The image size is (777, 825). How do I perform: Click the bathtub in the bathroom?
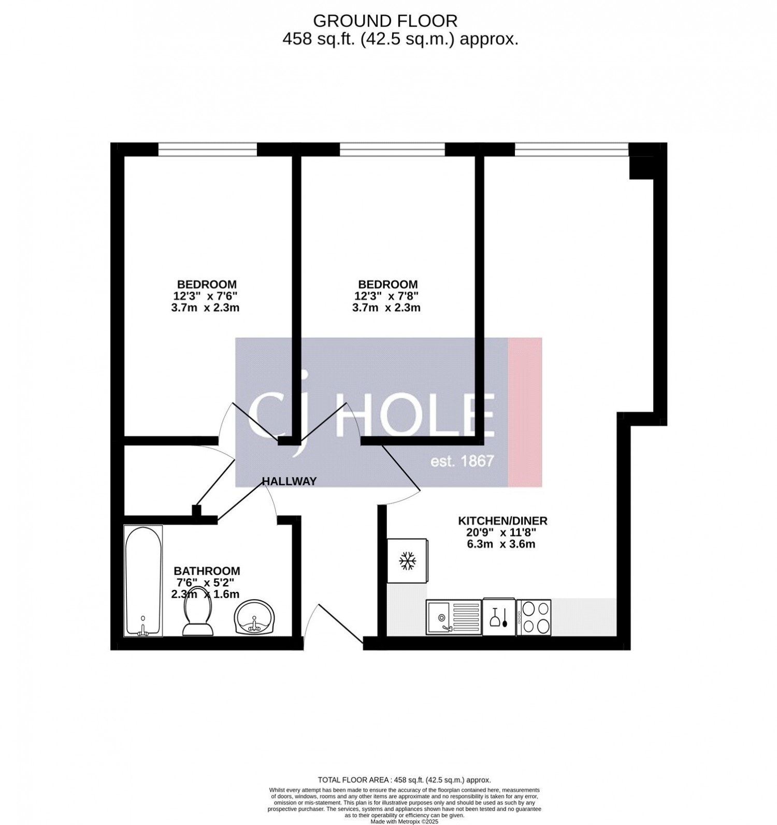143,581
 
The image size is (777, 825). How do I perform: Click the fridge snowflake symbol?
408,561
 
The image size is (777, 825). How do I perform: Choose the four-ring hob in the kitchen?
534,617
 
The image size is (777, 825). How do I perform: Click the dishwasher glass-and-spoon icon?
499,617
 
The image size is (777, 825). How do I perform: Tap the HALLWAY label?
289,481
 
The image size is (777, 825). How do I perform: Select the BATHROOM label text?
207,571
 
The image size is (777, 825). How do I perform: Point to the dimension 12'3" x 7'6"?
207,296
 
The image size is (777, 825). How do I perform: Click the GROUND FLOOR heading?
385,21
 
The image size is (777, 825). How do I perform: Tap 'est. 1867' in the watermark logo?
463,461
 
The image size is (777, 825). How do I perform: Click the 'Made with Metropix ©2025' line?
405,821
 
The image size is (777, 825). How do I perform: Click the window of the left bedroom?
207,149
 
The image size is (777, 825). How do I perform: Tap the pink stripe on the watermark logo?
525,412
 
